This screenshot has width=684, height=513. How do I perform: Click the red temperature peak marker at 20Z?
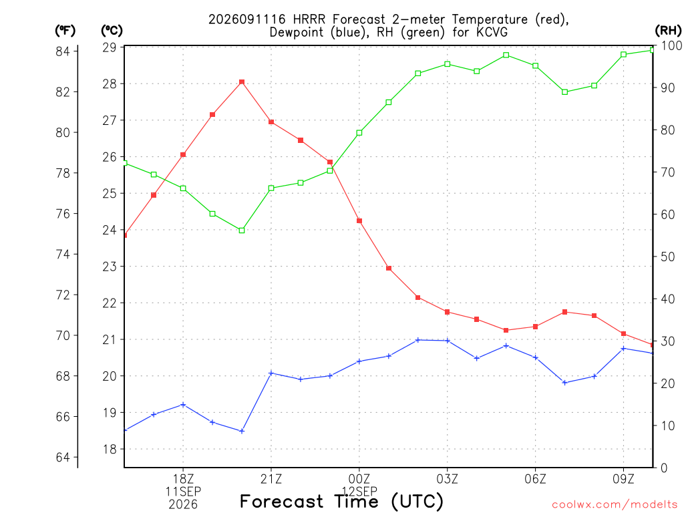pyautogui.click(x=242, y=82)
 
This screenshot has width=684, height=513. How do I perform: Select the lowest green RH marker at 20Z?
pyautogui.click(x=242, y=230)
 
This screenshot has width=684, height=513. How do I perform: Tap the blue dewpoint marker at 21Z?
pyautogui.click(x=271, y=373)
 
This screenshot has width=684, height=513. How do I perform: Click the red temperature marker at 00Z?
pyautogui.click(x=359, y=220)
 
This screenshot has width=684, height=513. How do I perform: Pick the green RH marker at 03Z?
pyautogui.click(x=447, y=64)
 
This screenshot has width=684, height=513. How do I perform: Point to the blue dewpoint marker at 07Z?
pyautogui.click(x=564, y=383)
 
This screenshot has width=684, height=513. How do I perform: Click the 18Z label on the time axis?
pyautogui.click(x=183, y=479)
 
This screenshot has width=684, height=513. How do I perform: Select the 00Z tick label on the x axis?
pyautogui.click(x=359, y=479)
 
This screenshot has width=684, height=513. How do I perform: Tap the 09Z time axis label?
pyautogui.click(x=623, y=479)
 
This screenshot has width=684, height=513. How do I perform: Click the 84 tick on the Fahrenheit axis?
pyautogui.click(x=63, y=51)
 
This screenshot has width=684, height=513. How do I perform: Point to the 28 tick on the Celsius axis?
pyautogui.click(x=110, y=83)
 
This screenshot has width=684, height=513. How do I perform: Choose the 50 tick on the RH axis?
pyautogui.click(x=667, y=256)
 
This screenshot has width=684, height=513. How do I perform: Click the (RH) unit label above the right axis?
pyautogui.click(x=668, y=31)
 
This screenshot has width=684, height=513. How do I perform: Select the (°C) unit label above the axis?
pyautogui.click(x=112, y=31)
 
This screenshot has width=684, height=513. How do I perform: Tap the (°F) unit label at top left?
pyautogui.click(x=65, y=31)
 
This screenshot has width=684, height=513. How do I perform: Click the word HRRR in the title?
pyautogui.click(x=309, y=19)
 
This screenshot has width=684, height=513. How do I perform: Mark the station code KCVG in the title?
pyautogui.click(x=492, y=32)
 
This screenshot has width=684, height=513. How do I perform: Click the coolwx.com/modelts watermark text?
pyautogui.click(x=615, y=504)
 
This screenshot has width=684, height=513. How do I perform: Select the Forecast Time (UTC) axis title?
pyautogui.click(x=341, y=502)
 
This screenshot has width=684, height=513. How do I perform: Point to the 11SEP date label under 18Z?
pyautogui.click(x=183, y=492)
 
